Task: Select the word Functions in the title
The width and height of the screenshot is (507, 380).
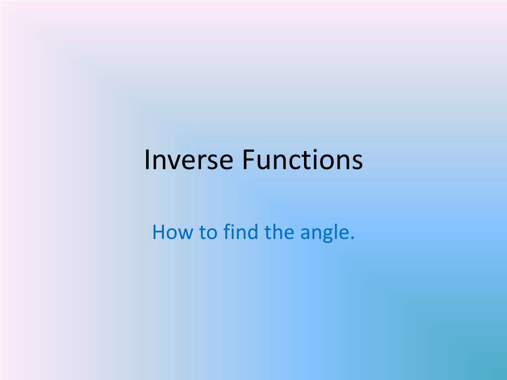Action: point(303,160)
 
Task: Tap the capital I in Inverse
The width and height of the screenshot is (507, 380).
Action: point(147,160)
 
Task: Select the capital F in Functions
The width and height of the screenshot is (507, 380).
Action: point(247,160)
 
